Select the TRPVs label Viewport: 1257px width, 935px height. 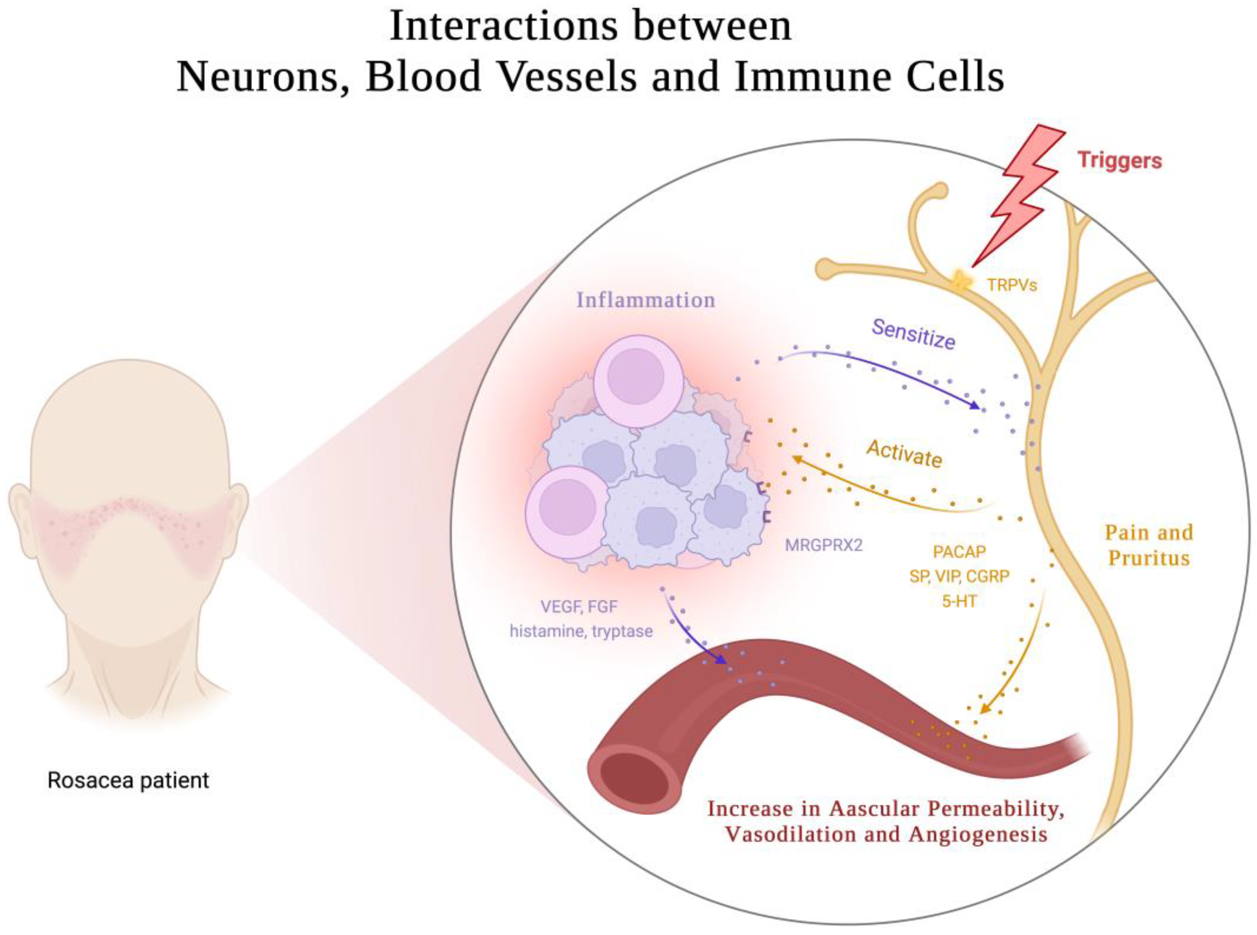[1012, 285]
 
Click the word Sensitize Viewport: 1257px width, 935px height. [913, 334]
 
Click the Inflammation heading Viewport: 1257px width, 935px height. [645, 300]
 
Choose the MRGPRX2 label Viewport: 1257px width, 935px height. [823, 545]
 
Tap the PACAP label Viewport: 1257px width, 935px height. [959, 551]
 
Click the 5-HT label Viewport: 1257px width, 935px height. [959, 601]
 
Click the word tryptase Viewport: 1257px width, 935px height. [622, 631]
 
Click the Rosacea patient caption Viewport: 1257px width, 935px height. [128, 780]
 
